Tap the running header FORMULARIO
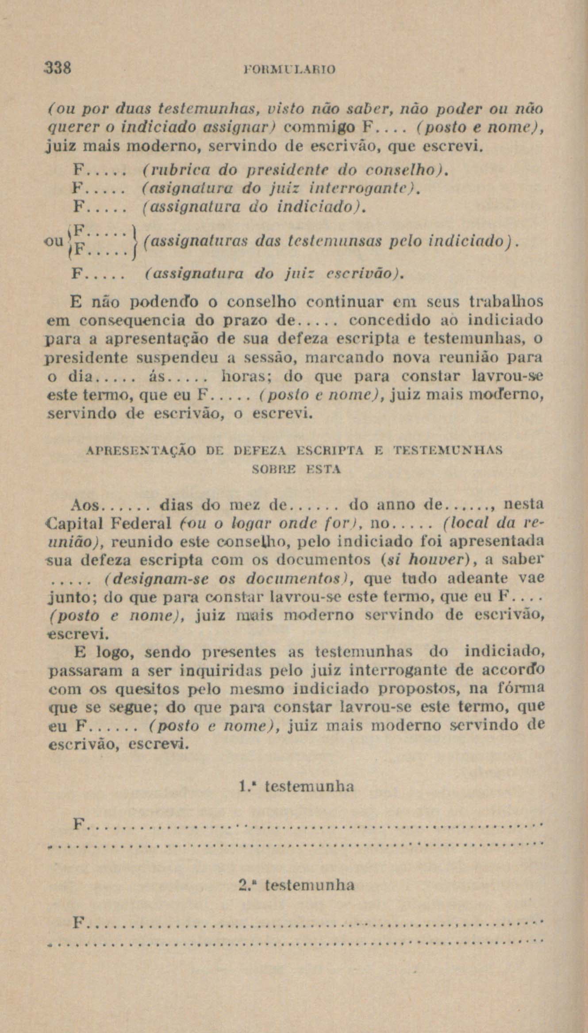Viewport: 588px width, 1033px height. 290,69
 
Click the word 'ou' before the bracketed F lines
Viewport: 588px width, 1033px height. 54,241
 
